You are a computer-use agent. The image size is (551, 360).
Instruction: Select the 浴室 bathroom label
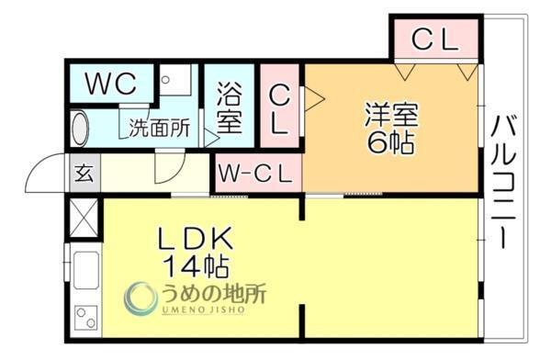[x=230, y=107]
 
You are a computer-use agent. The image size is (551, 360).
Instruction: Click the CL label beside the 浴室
[x=280, y=110]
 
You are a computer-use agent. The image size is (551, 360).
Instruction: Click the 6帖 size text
[x=391, y=144]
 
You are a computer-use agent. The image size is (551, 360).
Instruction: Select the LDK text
[x=197, y=240]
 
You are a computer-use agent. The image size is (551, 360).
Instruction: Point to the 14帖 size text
[x=197, y=268]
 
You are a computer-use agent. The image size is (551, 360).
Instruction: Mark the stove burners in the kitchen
[x=84, y=321]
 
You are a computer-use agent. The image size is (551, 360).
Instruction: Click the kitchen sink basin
[x=84, y=272]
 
